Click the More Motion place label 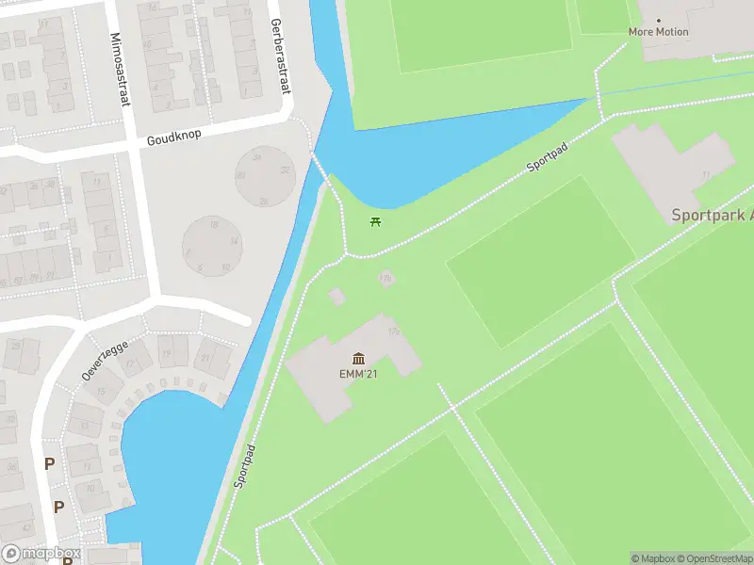click(x=658, y=32)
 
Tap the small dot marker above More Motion click(x=658, y=20)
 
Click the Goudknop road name click(x=174, y=137)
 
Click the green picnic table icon click(x=376, y=222)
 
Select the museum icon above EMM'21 click(x=358, y=358)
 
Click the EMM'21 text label click(x=358, y=374)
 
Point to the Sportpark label click(x=712, y=215)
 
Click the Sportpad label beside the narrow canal click(x=244, y=465)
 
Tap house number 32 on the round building click(x=286, y=170)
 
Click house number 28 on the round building click(x=263, y=202)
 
